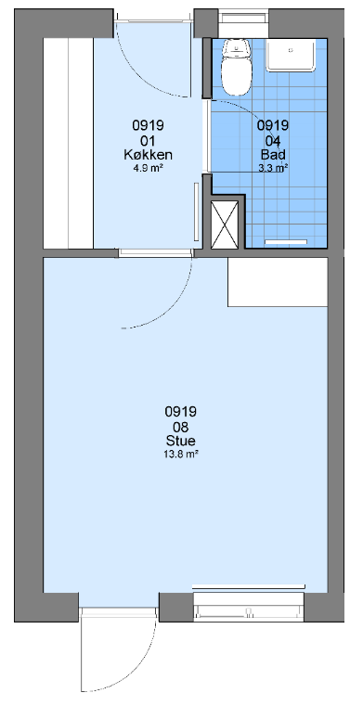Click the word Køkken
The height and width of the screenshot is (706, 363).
point(149,155)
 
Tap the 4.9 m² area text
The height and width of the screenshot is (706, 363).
point(149,168)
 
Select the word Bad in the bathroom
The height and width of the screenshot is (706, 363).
point(273,155)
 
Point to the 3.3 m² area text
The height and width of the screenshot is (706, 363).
point(273,168)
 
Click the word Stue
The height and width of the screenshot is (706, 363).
point(181,441)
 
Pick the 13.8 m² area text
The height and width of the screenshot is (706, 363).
point(181,455)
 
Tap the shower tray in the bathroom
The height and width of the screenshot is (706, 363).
point(292,55)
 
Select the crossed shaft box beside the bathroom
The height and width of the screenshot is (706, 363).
point(225,225)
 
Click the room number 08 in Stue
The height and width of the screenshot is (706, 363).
point(181,426)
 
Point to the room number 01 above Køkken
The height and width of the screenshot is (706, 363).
point(149,140)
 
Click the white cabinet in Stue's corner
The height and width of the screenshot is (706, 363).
point(278,282)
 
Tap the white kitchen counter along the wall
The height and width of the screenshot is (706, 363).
point(69,143)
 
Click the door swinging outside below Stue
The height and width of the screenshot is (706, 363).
point(118,648)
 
